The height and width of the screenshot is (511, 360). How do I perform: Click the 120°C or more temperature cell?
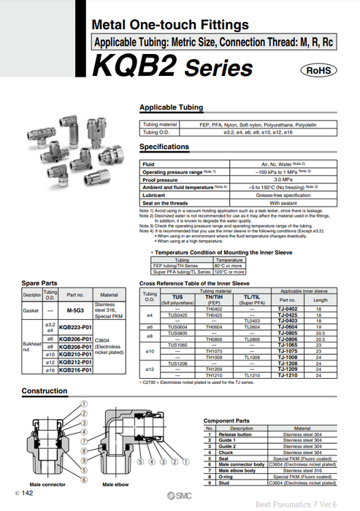click(x=229, y=271)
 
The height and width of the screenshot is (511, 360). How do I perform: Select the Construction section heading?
click(x=45, y=391)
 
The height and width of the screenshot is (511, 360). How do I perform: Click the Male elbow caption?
click(x=117, y=485)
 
